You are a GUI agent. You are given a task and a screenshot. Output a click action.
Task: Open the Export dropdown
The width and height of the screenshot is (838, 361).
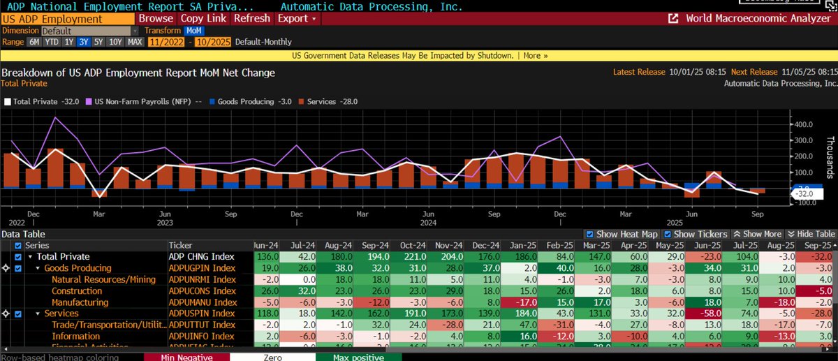(297, 18)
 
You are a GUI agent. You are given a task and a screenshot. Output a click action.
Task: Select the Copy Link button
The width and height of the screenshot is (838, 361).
(203, 18)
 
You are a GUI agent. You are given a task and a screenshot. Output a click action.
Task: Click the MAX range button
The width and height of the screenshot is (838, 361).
(135, 42)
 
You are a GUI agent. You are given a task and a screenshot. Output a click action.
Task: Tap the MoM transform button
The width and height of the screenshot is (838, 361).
(193, 31)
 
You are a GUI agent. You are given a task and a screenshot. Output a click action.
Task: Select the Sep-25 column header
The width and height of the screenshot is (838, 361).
(816, 246)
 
